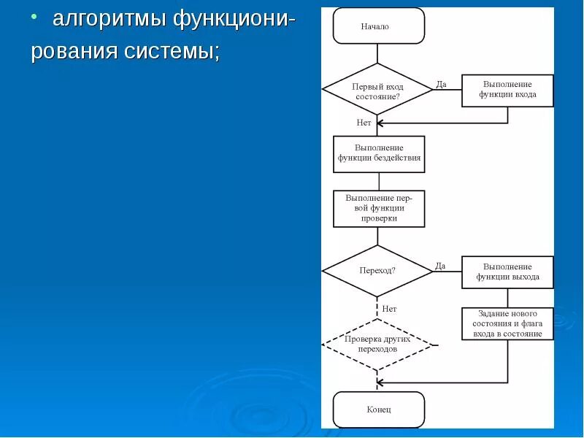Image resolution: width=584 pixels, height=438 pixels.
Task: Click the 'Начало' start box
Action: pyautogui.click(x=378, y=26)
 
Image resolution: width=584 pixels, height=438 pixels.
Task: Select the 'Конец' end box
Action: pyautogui.click(x=378, y=410)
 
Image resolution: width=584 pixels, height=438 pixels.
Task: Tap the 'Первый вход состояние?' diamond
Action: pyautogui.click(x=377, y=90)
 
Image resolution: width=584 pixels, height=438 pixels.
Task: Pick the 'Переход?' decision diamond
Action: pyautogui.click(x=377, y=270)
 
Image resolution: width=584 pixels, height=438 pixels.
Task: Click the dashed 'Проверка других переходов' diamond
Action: pyautogui.click(x=377, y=344)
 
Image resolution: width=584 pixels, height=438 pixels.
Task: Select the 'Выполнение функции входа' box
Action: pyautogui.click(x=507, y=90)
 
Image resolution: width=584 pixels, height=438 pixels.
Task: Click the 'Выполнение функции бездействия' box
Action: pyautogui.click(x=379, y=153)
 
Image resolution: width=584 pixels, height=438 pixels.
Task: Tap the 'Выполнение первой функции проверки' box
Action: pyautogui.click(x=379, y=208)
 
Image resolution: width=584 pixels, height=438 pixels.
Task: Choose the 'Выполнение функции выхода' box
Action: pyautogui.click(x=507, y=272)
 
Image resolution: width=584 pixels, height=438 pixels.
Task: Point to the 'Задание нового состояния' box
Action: pyautogui.click(x=507, y=323)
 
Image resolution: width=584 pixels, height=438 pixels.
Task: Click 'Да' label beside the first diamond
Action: pyautogui.click(x=441, y=84)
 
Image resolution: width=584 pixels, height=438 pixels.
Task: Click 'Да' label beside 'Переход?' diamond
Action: pyautogui.click(x=440, y=266)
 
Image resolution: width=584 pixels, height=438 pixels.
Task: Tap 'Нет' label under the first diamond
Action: pyautogui.click(x=364, y=123)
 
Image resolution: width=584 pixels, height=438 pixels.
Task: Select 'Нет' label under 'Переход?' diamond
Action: pyautogui.click(x=389, y=309)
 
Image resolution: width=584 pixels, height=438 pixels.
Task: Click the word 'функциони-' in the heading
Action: pyautogui.click(x=234, y=19)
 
